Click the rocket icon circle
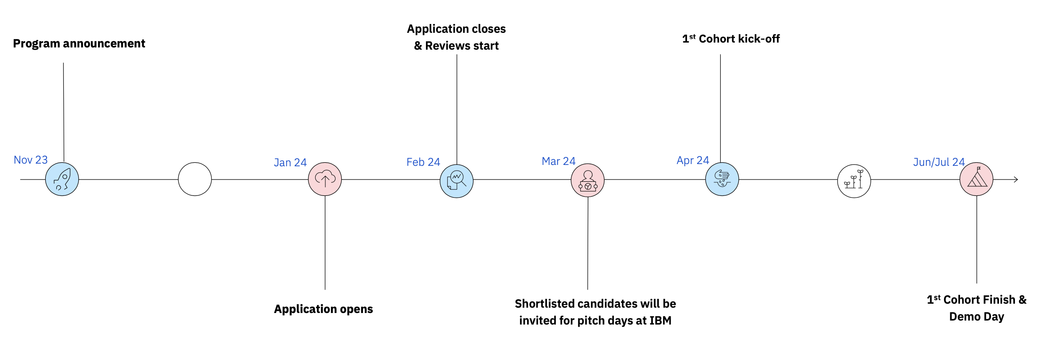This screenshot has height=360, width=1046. point(62,179)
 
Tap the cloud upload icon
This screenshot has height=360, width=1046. point(325,179)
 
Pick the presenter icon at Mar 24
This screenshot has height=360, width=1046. point(588,180)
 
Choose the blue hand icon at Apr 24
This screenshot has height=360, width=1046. point(722,179)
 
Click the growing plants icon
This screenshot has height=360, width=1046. point(854,181)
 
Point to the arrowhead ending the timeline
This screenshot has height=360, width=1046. point(1016,180)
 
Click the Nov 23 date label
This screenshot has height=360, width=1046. point(31,160)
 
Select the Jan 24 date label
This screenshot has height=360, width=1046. point(290,163)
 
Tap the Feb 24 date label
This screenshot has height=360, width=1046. point(423,162)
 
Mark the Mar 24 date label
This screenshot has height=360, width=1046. point(558,161)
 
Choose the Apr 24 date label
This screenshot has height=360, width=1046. point(693,160)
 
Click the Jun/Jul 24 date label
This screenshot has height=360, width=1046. point(939,162)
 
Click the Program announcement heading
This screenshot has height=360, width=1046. point(79,43)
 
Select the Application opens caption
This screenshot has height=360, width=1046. point(324,309)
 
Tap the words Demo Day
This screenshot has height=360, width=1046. point(976,317)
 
